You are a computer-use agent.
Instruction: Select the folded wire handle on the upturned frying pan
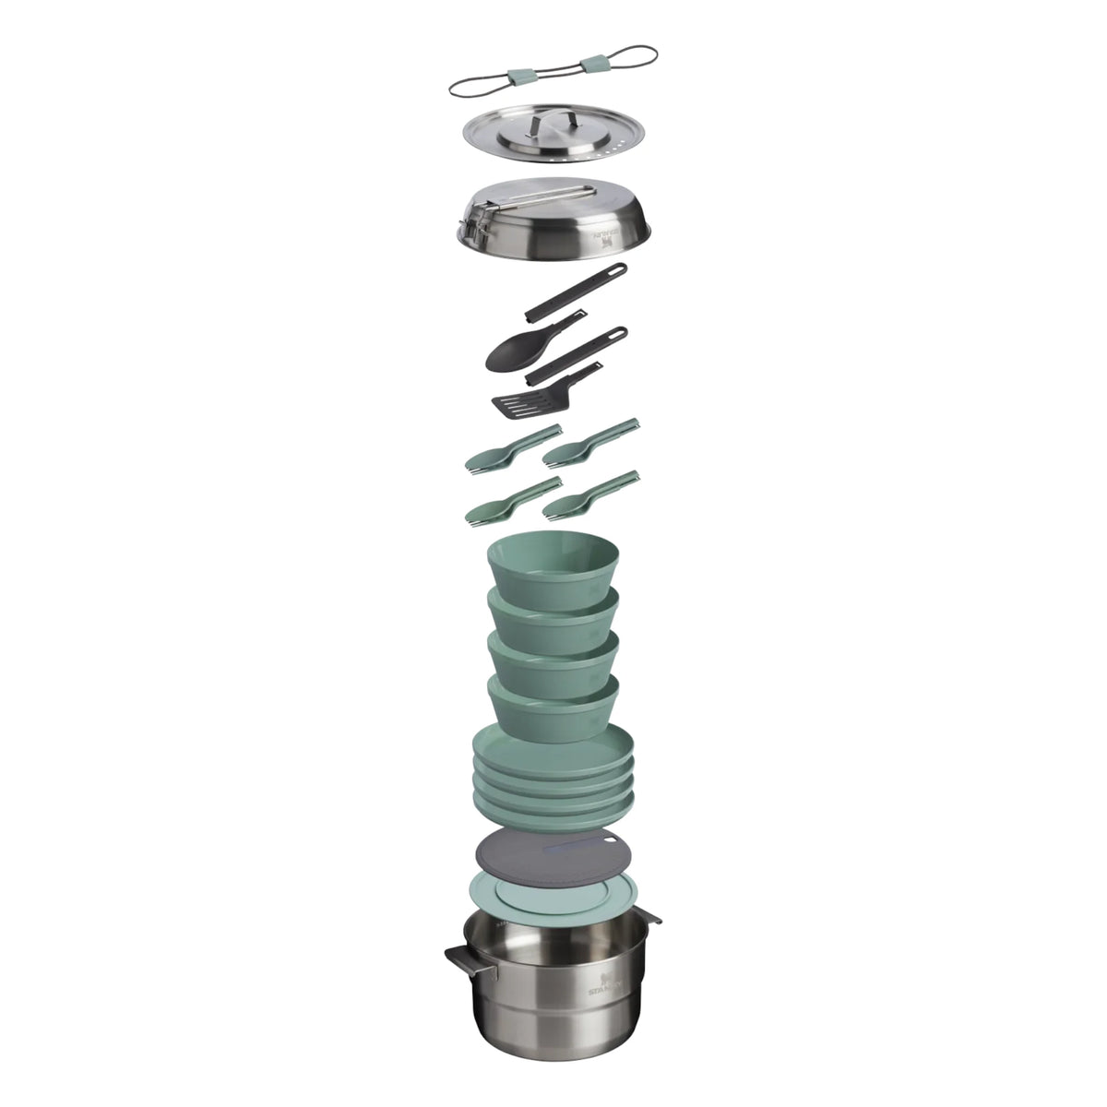point(544,196)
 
